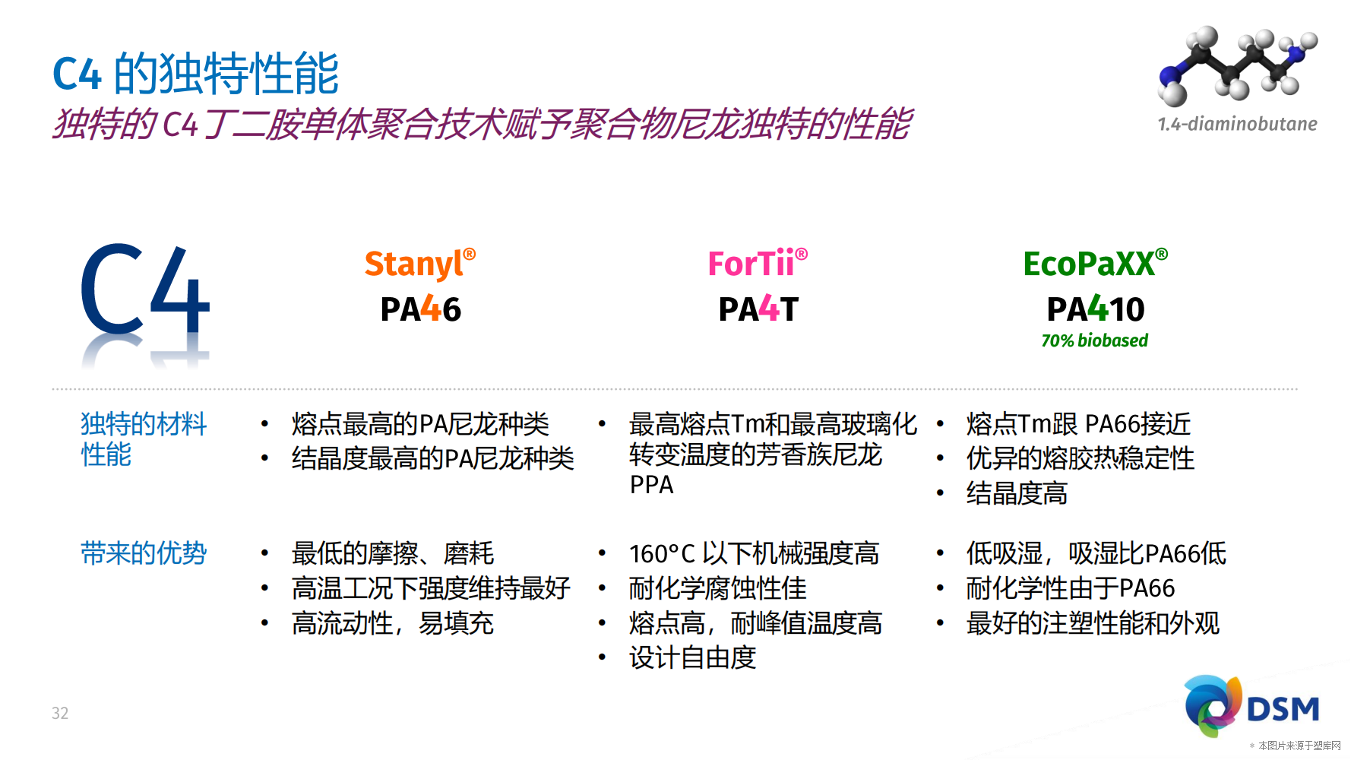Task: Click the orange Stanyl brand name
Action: (419, 264)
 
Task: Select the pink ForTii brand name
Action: (758, 264)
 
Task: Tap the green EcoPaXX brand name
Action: (1095, 264)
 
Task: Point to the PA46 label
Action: (420, 309)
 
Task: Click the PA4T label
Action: (758, 309)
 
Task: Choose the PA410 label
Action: (1095, 309)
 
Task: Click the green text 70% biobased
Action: (1094, 340)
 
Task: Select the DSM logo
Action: (1251, 706)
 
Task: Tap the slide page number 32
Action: (60, 713)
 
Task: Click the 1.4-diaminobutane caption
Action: (1237, 124)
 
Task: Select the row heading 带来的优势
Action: (144, 553)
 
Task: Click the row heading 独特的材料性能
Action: (144, 439)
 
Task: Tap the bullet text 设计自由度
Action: (692, 657)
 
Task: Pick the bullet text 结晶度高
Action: (1017, 493)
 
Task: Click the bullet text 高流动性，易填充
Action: (393, 623)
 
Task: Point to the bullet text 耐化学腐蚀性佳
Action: (717, 588)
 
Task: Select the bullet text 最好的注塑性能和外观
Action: (1093, 623)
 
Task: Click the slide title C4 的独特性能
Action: (196, 74)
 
